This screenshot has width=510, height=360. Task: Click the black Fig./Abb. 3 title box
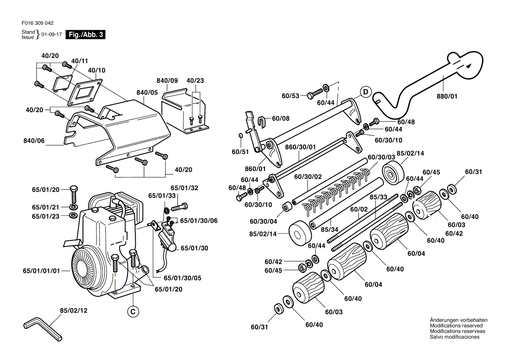click(85, 34)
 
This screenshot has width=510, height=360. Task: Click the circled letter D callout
click(365, 92)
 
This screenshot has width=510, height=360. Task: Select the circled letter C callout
click(133, 312)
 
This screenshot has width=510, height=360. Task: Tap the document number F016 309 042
click(38, 23)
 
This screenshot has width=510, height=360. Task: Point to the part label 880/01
click(447, 96)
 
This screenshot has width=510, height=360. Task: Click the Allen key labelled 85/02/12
click(43, 329)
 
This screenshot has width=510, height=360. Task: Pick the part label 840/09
click(167, 81)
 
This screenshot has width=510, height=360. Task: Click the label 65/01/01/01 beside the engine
click(41, 271)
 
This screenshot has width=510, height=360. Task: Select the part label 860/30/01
click(300, 147)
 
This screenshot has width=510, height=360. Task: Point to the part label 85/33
click(378, 197)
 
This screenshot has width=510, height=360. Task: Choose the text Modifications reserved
click(456, 326)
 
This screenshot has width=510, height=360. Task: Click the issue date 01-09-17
click(52, 34)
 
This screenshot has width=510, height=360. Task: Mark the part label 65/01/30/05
click(183, 278)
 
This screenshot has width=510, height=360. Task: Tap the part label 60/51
click(240, 152)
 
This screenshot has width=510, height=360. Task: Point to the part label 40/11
click(79, 61)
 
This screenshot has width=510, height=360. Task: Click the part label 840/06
click(34, 141)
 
